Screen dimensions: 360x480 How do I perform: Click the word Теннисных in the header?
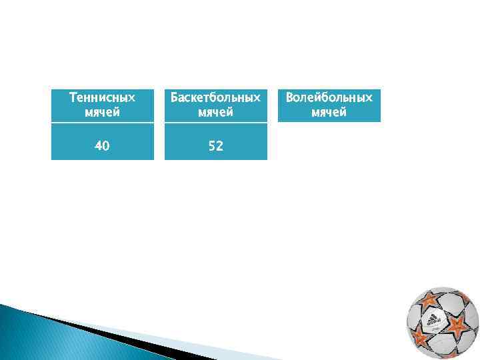pos(102,98)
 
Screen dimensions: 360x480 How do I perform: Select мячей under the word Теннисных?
pos(102,112)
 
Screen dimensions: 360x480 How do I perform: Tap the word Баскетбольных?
pos(215,98)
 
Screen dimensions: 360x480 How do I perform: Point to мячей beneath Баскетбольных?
pos(215,112)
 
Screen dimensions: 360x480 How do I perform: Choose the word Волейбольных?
pos(329,98)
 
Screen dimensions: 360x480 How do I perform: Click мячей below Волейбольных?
pos(329,112)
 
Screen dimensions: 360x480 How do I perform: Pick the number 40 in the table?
pos(102,145)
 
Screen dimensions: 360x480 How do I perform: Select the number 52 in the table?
pos(215,145)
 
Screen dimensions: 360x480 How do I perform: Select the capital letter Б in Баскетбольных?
pos(175,98)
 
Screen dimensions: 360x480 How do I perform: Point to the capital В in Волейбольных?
pos(290,98)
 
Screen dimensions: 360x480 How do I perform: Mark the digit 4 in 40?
pos(98,145)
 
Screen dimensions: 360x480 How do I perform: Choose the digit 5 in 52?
pos(211,145)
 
